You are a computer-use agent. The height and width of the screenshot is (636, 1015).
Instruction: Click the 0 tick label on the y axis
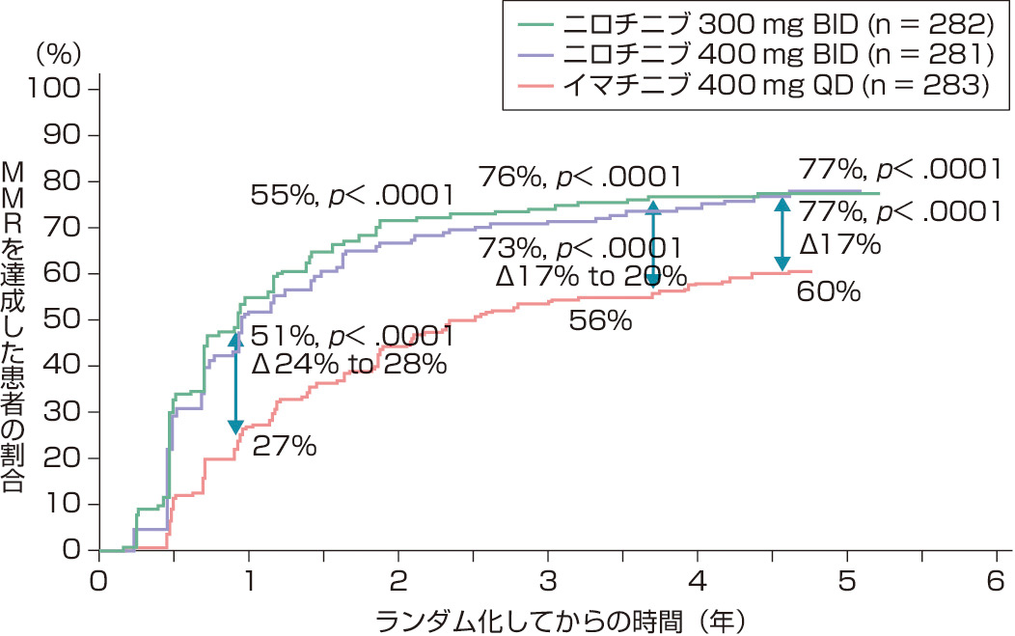[x=71, y=551]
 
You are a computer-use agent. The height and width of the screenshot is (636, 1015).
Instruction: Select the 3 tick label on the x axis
[x=548, y=582]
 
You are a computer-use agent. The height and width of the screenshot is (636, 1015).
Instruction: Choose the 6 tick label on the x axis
[x=997, y=582]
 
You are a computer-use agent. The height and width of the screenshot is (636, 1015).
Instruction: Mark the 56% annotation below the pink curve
[x=600, y=321]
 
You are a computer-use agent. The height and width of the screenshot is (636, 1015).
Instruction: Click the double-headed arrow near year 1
[x=234, y=382]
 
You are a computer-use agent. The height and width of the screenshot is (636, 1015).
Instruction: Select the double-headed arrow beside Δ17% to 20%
[x=653, y=243]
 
